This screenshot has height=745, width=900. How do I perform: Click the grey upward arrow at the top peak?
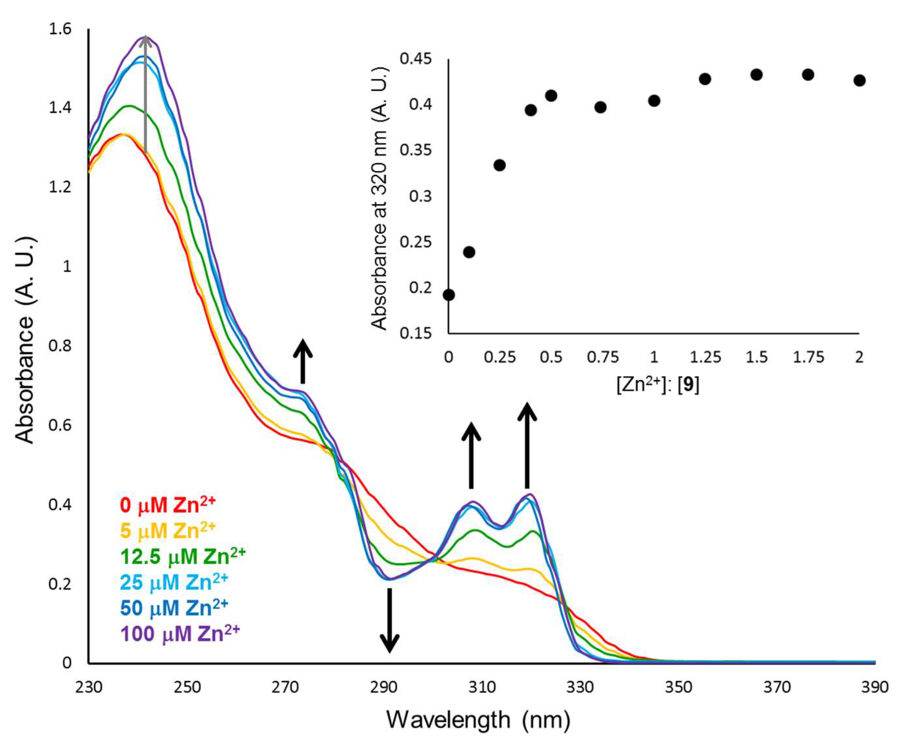(146, 94)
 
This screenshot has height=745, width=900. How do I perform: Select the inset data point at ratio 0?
(449, 295)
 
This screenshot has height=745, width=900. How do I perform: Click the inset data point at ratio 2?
(859, 80)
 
